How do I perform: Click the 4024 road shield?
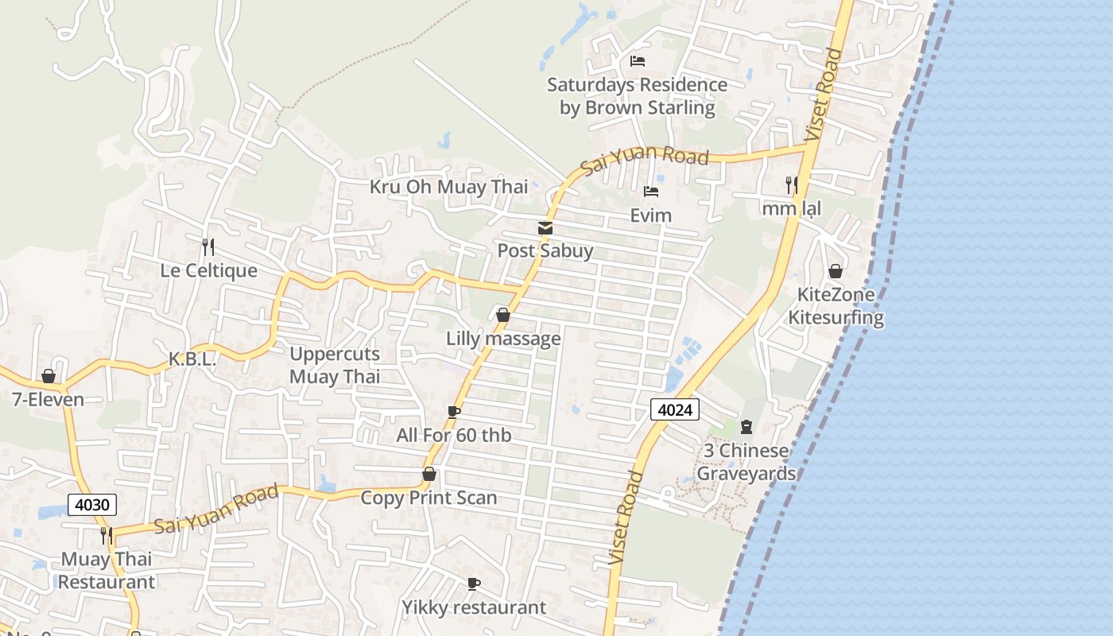tap(675, 409)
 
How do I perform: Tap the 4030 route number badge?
tap(92, 504)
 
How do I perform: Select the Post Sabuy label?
tap(545, 250)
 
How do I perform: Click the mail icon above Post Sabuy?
tap(545, 229)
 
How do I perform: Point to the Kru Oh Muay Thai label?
tap(448, 187)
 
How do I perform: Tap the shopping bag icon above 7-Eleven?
tap(48, 376)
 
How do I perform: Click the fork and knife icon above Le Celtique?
tap(208, 247)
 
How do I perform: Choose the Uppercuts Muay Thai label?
tap(335, 365)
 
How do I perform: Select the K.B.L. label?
tap(192, 359)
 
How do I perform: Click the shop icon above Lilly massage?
tap(502, 316)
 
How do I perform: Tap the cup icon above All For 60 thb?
tap(453, 412)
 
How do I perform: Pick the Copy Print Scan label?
tap(429, 498)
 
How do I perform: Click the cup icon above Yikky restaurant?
tap(474, 584)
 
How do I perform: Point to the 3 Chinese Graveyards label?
tap(746, 462)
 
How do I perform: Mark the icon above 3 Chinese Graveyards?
tap(746, 428)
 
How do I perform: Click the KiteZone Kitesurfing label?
tap(836, 306)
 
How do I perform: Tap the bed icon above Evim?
tap(651, 192)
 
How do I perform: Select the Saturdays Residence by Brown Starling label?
tap(637, 95)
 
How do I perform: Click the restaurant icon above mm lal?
tap(791, 185)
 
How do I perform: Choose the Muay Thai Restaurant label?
tap(107, 570)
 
